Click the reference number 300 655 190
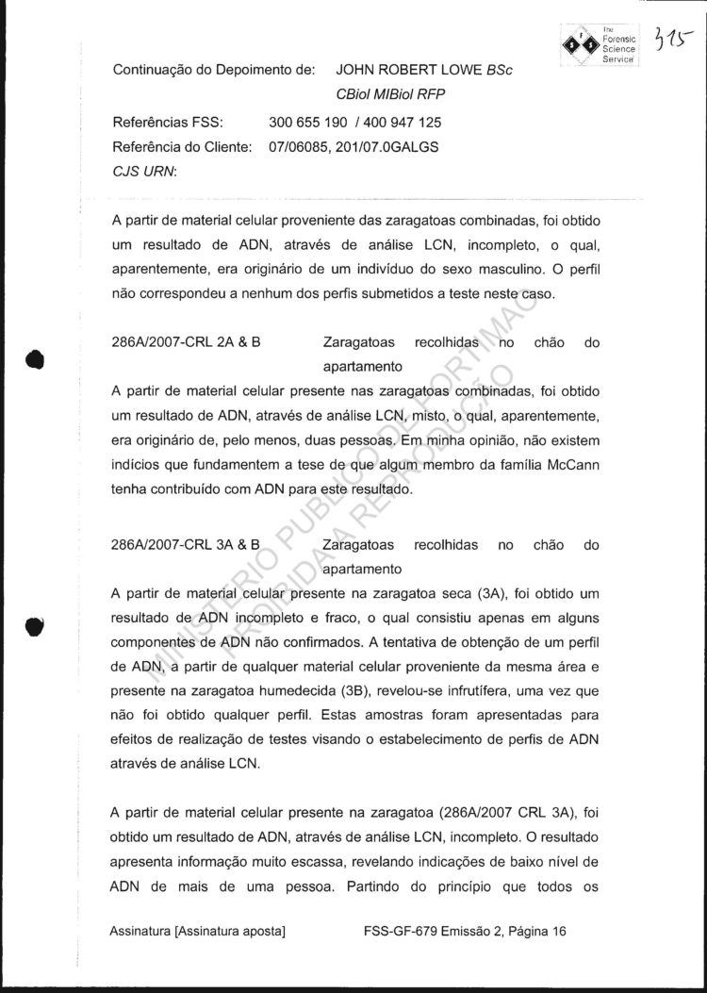(x=307, y=123)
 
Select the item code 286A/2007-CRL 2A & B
(x=186, y=343)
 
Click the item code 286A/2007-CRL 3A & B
(x=186, y=545)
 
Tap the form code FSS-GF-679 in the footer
(x=400, y=932)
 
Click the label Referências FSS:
(x=167, y=123)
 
